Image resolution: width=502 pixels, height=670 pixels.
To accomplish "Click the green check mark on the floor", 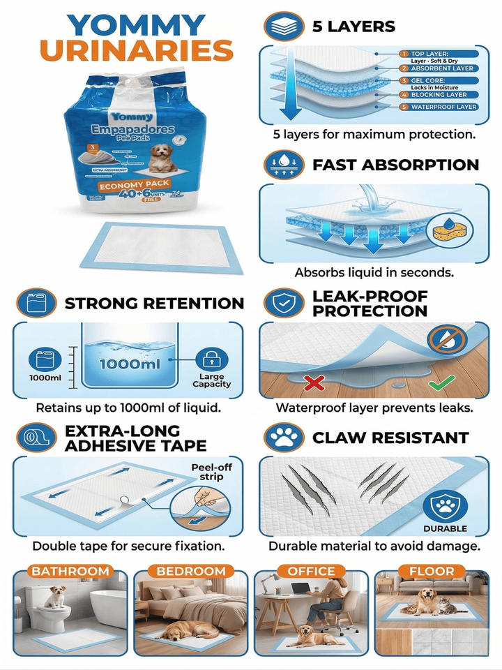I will [x=441, y=382].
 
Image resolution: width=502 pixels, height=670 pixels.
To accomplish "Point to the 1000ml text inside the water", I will [x=130, y=364].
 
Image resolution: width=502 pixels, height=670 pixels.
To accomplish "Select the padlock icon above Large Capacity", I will [x=211, y=359].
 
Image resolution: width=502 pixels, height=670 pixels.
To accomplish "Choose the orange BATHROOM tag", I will [x=70, y=571].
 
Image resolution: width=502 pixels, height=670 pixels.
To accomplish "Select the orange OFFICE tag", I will [x=311, y=571].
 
